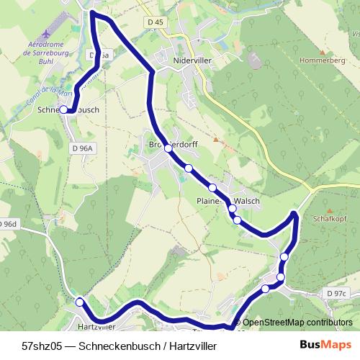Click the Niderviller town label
tap(192, 62)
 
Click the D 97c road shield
tap(336, 294)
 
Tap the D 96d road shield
tap(7, 224)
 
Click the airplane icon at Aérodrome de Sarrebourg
tap(48, 34)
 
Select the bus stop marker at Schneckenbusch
tap(63, 109)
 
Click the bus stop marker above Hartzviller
tap(79, 302)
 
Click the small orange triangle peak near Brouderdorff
tap(215, 139)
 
